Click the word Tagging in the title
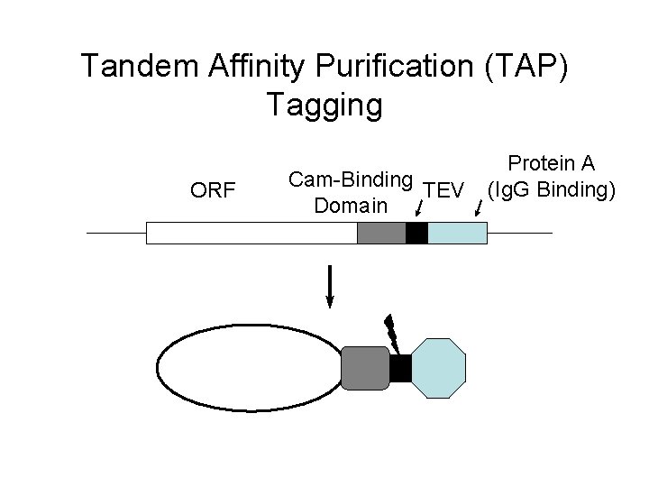tap(324, 106)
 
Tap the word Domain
tap(351, 207)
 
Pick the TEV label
tap(443, 190)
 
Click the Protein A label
tap(551, 163)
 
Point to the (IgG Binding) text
tap(551, 190)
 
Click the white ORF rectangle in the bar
tap(251, 233)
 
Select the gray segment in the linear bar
tap(381, 233)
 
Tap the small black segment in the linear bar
tap(416, 233)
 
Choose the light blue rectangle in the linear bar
tap(457, 233)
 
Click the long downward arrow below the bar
tap(331, 287)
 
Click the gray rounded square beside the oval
tap(365, 368)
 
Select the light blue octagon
tap(439, 368)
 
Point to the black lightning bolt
tap(392, 331)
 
